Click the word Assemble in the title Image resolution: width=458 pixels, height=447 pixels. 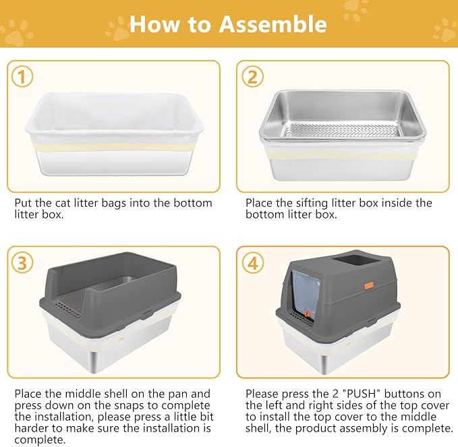point(273,24)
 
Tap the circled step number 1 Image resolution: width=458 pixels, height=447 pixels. point(22,76)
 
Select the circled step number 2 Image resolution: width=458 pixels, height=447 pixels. point(253,76)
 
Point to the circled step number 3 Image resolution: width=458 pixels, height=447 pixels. point(22,262)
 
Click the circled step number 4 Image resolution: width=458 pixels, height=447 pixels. point(253,262)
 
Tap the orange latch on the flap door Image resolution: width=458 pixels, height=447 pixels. point(308,314)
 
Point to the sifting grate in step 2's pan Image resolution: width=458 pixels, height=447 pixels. point(341,130)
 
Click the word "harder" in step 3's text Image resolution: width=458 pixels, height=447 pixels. point(32,428)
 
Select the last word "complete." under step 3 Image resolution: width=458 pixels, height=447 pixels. point(40,440)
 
